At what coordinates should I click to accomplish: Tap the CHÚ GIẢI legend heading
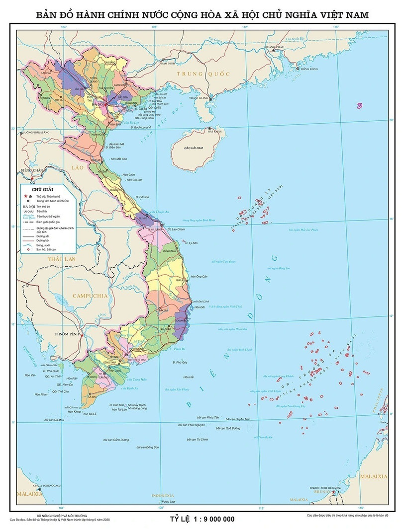(42, 190)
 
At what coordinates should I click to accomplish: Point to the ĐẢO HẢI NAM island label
(194, 149)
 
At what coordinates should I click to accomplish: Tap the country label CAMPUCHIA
(90, 296)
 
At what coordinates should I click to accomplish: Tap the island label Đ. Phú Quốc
(51, 371)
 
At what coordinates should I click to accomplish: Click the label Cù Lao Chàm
(176, 229)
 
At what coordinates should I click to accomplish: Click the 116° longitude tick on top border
(336, 27)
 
